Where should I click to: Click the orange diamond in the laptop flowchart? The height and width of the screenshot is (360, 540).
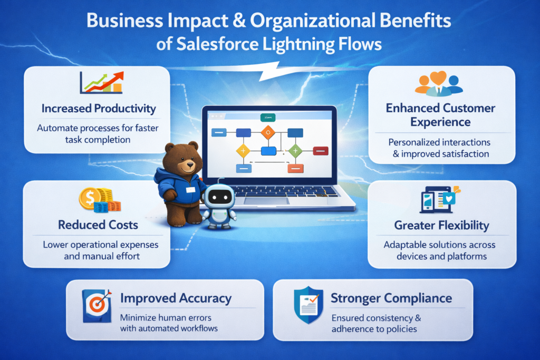click(x=268, y=131)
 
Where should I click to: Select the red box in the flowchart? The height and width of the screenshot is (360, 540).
click(x=321, y=151)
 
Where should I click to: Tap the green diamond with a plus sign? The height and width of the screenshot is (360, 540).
click(x=295, y=151)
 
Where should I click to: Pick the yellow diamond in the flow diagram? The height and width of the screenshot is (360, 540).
click(x=243, y=151)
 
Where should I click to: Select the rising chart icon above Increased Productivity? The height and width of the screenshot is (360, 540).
click(x=101, y=83)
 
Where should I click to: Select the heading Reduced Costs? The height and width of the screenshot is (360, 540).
click(x=98, y=225)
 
